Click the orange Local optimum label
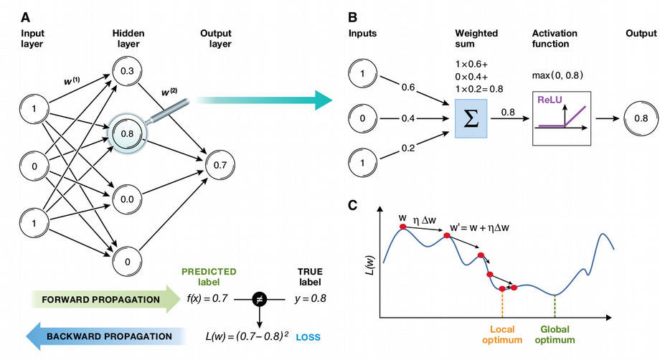(501, 335)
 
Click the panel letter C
(353, 205)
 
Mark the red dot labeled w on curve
(403, 227)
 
